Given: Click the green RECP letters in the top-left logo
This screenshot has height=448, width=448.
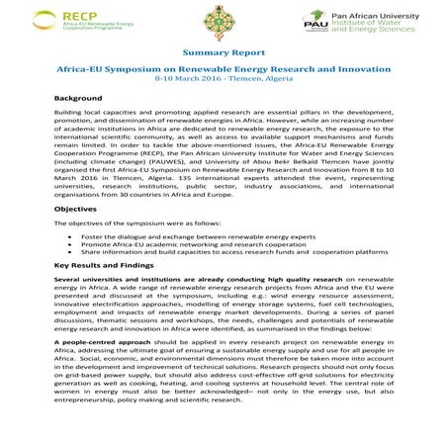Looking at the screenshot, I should [78, 15].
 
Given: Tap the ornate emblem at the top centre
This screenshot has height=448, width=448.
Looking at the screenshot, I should [222, 26].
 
